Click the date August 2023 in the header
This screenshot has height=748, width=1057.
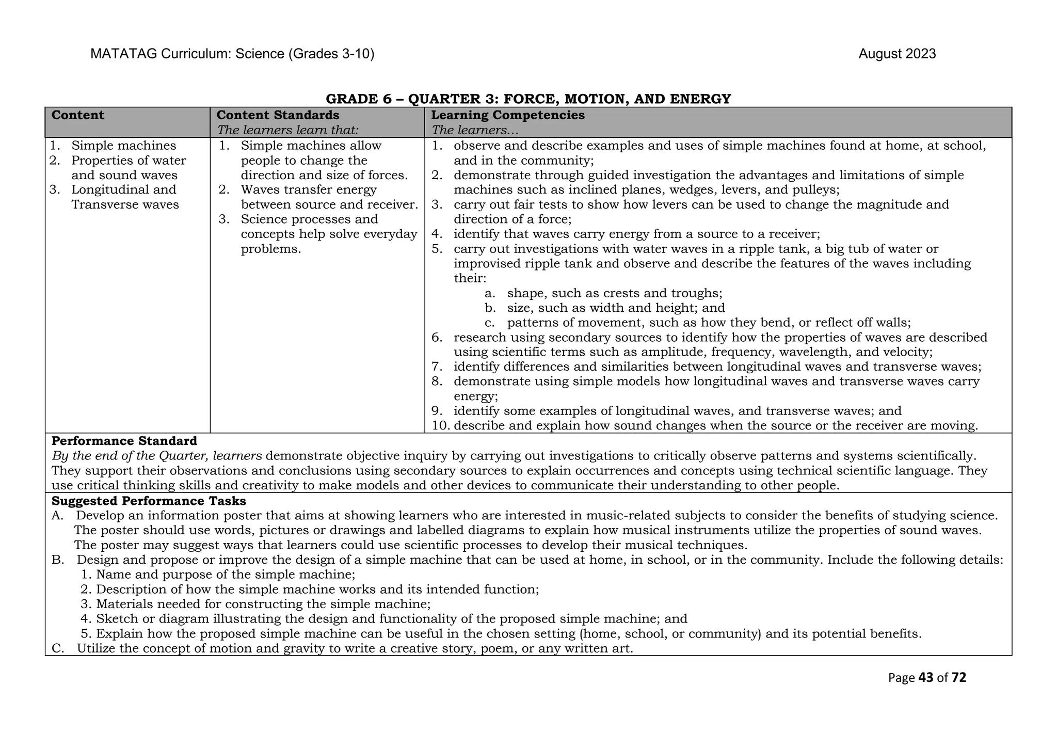click(897, 54)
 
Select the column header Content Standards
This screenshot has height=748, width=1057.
click(278, 115)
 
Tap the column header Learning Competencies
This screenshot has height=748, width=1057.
click(508, 115)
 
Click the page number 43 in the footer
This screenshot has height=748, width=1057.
click(926, 678)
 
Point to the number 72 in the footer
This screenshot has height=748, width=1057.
click(959, 678)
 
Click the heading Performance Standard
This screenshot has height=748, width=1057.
click(124, 441)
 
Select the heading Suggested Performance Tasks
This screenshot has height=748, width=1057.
click(149, 501)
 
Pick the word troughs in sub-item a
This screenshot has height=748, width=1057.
click(700, 293)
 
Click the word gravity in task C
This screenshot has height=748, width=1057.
click(304, 648)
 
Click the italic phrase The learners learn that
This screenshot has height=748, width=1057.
click(287, 130)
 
